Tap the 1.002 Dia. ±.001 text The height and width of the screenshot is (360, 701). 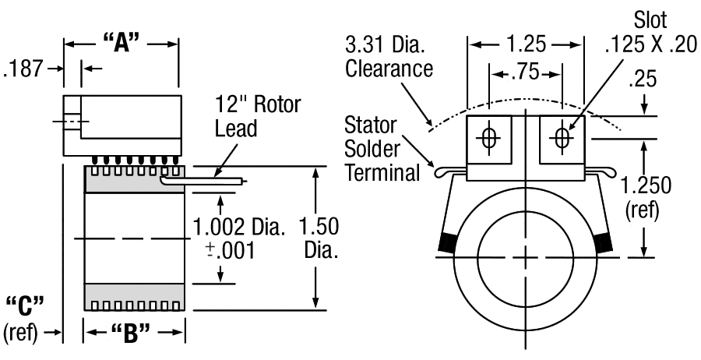(234, 238)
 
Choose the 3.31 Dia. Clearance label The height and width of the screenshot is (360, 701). (390, 57)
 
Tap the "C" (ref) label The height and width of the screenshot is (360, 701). (26, 316)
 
